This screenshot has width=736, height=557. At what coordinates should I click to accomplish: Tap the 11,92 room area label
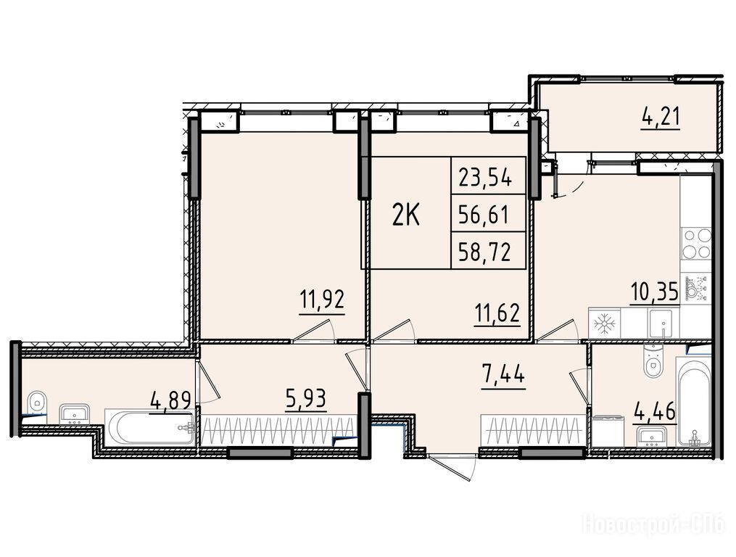pos(323,298)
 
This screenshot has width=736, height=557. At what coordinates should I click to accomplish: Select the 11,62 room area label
pos(497,313)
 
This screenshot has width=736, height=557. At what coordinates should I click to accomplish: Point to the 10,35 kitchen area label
pos(654,293)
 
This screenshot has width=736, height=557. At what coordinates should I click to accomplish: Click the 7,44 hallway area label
pos(503,375)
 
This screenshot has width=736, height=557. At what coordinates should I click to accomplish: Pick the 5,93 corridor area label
pos(305,400)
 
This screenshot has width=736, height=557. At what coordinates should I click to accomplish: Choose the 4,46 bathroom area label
pos(655,413)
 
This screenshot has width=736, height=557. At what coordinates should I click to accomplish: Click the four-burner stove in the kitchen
pos(697,243)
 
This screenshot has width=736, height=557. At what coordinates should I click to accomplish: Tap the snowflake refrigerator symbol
pos(605,323)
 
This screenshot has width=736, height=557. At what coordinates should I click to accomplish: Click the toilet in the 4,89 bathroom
pos(36,402)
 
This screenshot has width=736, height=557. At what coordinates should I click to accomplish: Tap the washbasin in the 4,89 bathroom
pos(74,413)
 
